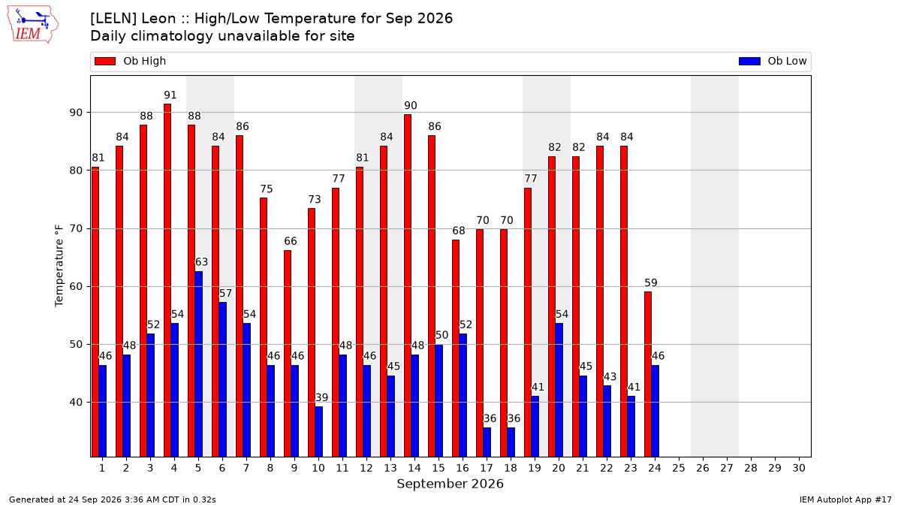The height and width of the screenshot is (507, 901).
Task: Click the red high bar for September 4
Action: (x=167, y=280)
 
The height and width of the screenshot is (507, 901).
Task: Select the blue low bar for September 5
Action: (x=199, y=364)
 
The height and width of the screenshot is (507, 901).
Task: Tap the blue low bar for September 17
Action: (x=487, y=442)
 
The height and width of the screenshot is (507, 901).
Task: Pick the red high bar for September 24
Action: (x=648, y=374)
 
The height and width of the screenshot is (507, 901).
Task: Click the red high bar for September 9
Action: (x=288, y=354)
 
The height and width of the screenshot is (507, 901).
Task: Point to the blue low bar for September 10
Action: (x=319, y=432)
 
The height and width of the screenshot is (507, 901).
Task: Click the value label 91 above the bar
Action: (x=170, y=95)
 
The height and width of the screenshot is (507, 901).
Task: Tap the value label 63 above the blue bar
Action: (x=201, y=262)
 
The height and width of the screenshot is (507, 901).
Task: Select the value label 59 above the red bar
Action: (x=651, y=283)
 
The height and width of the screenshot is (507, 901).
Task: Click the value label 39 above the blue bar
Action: (x=322, y=397)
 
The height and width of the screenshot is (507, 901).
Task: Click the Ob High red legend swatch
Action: (x=105, y=61)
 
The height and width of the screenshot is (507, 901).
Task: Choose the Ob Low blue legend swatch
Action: (x=749, y=61)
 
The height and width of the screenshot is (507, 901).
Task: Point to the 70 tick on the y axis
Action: (x=76, y=228)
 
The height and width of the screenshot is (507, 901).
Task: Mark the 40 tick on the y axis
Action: (x=76, y=403)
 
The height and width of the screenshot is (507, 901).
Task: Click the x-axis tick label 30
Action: (x=799, y=468)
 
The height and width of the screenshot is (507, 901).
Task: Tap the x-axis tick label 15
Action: (x=438, y=468)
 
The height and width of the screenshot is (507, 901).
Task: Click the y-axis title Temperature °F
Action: (x=59, y=266)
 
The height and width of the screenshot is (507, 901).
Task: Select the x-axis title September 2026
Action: (x=450, y=484)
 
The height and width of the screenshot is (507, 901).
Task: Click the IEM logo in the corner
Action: (x=33, y=25)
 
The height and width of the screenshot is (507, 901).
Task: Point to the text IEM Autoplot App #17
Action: (x=845, y=499)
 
